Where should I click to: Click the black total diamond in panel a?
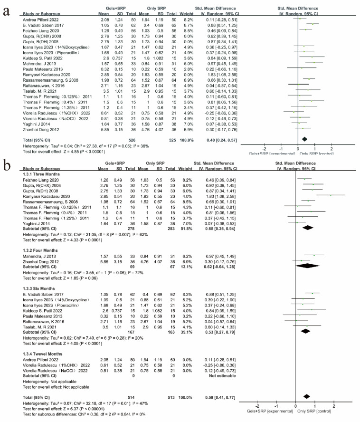click(x=304, y=139)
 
